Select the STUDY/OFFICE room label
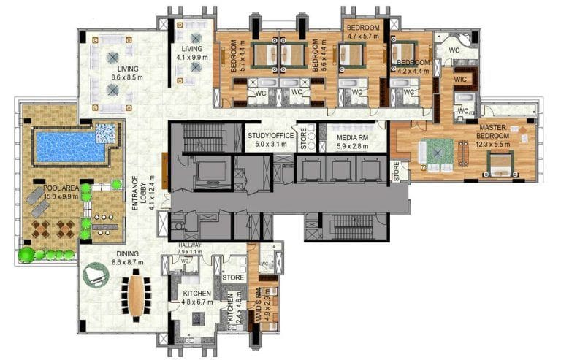point(268,135)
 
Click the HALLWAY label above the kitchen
point(184,247)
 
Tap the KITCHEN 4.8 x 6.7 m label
point(197,296)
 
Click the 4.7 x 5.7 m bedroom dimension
point(363,34)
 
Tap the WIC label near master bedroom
point(460,78)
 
